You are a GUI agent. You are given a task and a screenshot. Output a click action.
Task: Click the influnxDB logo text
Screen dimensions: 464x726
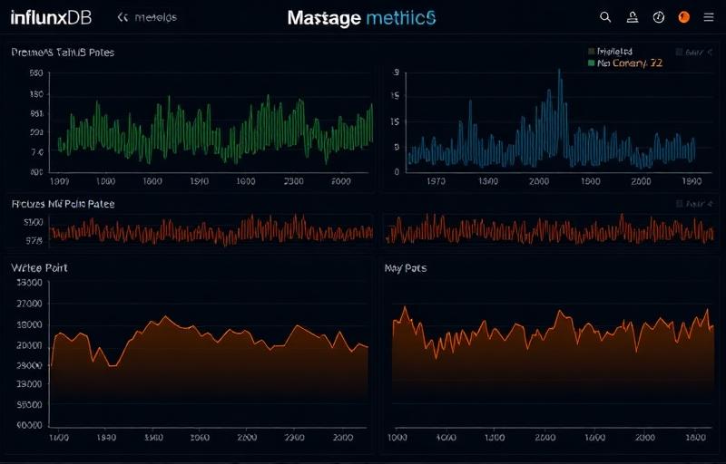[x=51, y=17]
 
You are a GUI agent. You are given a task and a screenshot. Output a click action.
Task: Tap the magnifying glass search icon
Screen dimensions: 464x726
[x=606, y=17]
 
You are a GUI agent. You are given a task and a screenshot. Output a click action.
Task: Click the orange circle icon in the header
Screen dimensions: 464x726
[x=684, y=17]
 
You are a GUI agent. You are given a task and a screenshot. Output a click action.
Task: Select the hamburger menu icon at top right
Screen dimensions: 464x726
[x=709, y=17]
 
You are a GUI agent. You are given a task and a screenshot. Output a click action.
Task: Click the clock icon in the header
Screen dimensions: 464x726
[x=659, y=17]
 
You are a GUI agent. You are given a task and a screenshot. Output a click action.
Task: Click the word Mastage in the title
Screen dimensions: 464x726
[x=324, y=18]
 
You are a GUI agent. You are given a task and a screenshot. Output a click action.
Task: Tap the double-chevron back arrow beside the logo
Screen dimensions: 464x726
[x=124, y=17]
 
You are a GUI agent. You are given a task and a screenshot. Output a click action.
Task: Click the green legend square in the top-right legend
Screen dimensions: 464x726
[x=592, y=64]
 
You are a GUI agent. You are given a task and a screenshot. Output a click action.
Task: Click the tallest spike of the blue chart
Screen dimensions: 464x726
[x=559, y=72]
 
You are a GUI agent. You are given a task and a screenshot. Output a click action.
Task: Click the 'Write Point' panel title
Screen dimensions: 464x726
[x=39, y=268]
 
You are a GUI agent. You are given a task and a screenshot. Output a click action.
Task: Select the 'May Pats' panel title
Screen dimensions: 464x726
[x=406, y=268]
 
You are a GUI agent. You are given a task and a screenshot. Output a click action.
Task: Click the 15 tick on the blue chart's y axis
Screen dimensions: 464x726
[x=396, y=121]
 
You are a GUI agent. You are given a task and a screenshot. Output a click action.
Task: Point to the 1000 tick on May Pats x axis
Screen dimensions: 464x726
[x=397, y=437]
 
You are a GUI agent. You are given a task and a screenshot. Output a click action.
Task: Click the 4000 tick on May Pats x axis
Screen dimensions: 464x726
[x=445, y=437]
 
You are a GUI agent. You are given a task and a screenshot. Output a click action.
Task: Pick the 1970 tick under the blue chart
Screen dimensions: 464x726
[x=436, y=181]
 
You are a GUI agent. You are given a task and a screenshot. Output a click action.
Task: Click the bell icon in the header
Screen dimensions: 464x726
[x=633, y=17]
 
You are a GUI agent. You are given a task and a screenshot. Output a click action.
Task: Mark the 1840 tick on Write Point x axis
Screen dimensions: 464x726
[x=105, y=437]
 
